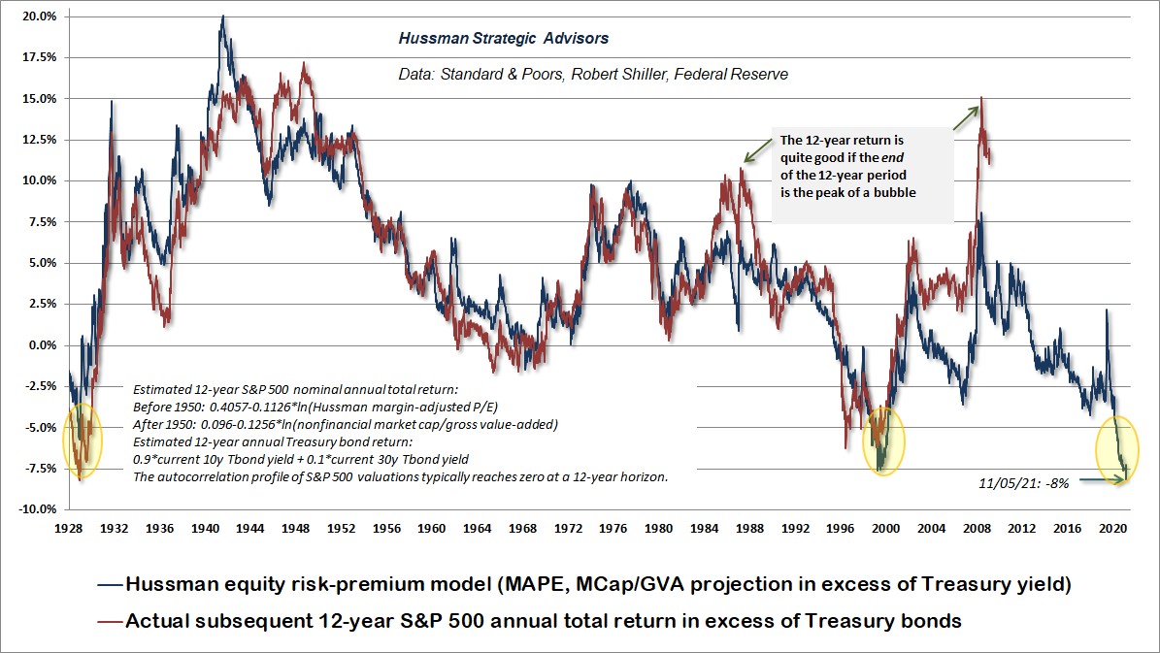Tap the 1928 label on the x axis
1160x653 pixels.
click(69, 529)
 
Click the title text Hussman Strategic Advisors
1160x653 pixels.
click(504, 39)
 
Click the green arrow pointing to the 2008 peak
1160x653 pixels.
click(965, 118)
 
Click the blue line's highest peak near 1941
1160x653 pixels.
click(223, 16)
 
